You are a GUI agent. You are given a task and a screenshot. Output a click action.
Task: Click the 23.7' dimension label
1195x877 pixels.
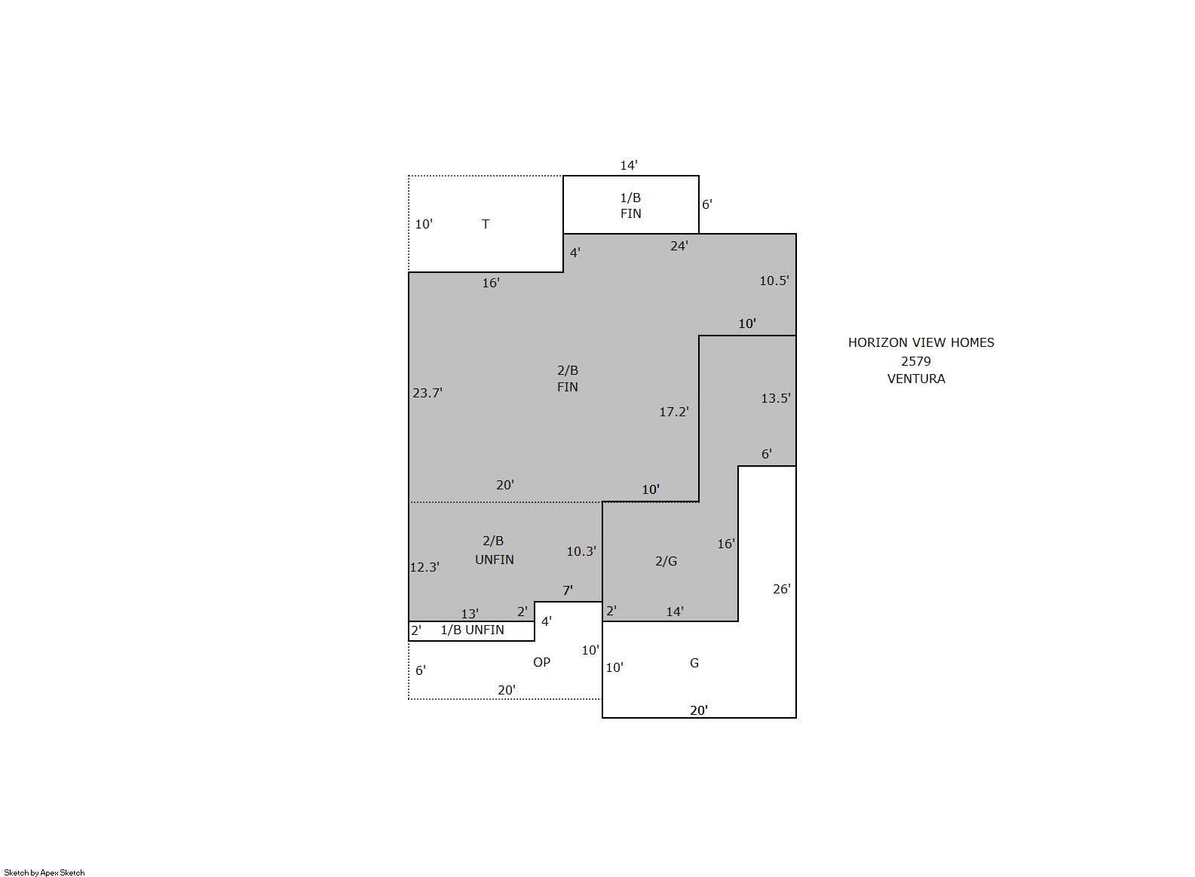[x=427, y=393]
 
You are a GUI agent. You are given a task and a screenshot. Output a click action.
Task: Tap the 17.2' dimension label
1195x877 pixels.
[x=674, y=412]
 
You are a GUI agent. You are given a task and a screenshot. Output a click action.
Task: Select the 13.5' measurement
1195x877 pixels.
[x=776, y=398]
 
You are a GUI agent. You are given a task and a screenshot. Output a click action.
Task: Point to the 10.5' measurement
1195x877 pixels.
[x=774, y=281]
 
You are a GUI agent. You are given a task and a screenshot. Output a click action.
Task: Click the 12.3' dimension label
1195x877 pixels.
[x=424, y=567]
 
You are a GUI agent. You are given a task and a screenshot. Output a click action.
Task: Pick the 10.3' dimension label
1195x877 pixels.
[x=581, y=551]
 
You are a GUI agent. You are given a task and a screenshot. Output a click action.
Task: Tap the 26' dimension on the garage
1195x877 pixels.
[x=782, y=589]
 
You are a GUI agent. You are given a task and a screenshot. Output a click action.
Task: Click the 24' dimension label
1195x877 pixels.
[x=679, y=246]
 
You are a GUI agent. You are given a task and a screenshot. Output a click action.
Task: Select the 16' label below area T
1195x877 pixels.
[x=491, y=283]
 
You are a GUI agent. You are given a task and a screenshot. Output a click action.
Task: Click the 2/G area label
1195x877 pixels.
[x=666, y=560]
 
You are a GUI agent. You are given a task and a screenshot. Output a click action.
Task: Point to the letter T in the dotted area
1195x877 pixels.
[x=486, y=224]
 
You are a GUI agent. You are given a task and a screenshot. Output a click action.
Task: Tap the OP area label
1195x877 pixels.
[x=541, y=662]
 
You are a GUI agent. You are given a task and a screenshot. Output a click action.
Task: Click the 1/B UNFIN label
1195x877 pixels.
[x=472, y=630]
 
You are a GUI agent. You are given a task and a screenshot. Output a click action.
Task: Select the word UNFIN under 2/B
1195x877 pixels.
[x=495, y=560]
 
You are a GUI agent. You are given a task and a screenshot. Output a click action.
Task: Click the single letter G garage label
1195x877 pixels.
[x=694, y=663]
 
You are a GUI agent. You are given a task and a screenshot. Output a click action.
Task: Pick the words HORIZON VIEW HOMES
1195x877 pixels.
[x=921, y=342]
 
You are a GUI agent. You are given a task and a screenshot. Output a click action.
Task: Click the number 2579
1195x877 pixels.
[x=916, y=361]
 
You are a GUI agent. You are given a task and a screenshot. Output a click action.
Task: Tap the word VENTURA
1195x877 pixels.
[x=916, y=379]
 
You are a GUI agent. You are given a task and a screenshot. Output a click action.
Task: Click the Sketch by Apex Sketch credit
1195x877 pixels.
[x=44, y=872]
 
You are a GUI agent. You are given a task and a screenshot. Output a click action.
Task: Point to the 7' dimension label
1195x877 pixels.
[x=568, y=590]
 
